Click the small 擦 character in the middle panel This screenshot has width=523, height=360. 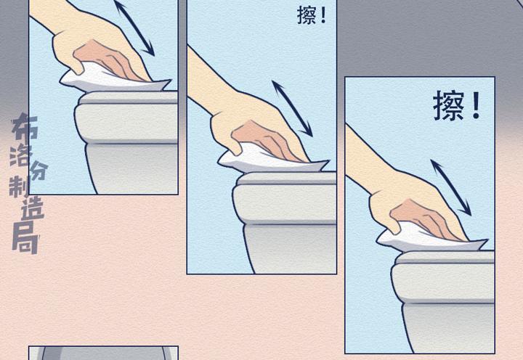pos(306,15)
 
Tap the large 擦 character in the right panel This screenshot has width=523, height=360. pos(449,106)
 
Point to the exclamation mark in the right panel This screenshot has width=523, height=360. pos(477,105)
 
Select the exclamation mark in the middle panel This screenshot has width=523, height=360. pos(323,15)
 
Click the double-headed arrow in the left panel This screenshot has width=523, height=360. pos(134,28)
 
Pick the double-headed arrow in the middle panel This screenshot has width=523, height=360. pos(293,109)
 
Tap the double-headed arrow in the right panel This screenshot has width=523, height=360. pos(451,188)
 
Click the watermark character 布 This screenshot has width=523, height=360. pos(25,126)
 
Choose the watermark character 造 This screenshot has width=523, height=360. pos(33,208)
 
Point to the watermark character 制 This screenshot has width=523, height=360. pos(20,186)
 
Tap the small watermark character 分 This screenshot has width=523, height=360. pos(39,171)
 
